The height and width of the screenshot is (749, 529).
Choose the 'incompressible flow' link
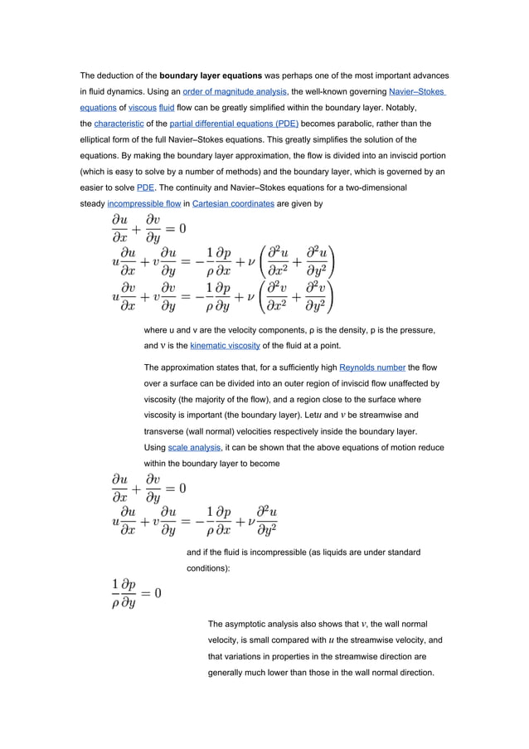(x=142, y=203)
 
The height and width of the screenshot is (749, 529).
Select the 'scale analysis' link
(x=195, y=447)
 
